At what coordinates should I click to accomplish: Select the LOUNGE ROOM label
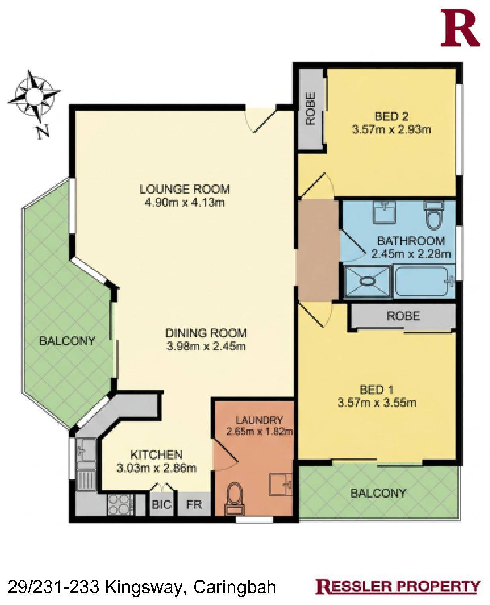click(185, 189)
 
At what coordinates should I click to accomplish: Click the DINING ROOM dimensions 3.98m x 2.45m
click(206, 346)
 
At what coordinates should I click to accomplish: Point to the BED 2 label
click(392, 116)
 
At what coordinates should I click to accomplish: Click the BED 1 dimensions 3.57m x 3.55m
click(377, 403)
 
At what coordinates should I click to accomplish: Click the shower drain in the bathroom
click(367, 282)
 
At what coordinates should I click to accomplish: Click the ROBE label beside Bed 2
click(310, 109)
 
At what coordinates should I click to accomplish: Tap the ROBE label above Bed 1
click(403, 316)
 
